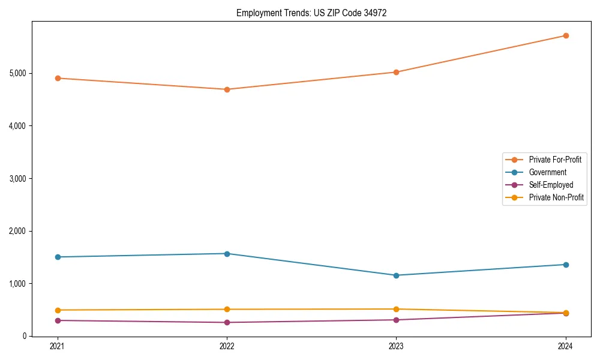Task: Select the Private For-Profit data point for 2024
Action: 566,35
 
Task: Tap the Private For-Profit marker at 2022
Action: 227,89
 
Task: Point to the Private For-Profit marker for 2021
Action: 58,78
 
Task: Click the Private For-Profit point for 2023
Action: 396,72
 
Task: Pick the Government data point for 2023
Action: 396,275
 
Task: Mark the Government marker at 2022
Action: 227,254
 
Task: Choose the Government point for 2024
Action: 566,265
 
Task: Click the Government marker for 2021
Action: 58,257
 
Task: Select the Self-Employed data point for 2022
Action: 227,322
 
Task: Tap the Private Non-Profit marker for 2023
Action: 396,309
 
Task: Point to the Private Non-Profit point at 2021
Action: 58,310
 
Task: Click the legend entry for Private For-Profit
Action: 555,160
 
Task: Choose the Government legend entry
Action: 547,172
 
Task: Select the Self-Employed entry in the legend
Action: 551,185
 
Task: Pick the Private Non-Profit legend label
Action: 556,197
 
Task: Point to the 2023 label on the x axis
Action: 396,346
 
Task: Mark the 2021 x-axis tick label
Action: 58,346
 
